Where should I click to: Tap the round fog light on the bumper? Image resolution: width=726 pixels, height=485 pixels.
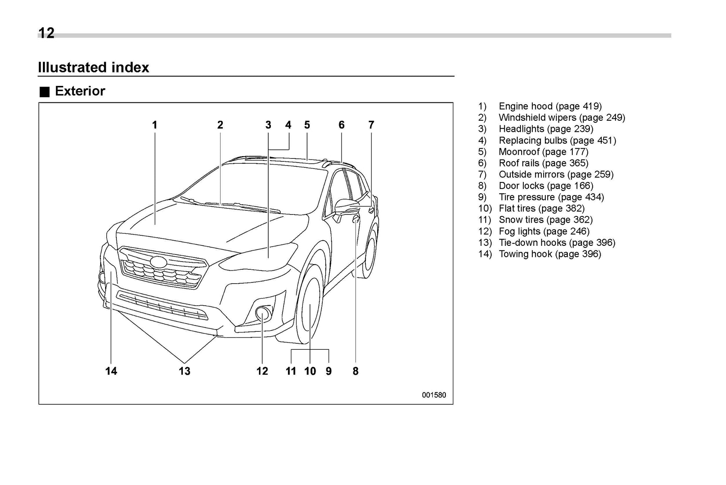coord(263,313)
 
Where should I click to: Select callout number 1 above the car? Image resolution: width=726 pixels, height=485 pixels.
coord(154,125)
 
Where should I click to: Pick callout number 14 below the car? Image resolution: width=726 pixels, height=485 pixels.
coord(111,371)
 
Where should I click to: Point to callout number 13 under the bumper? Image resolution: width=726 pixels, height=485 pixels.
coord(184,371)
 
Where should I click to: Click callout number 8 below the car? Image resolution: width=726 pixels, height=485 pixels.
coord(355,371)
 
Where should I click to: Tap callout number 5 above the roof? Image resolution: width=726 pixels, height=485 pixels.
coord(307,125)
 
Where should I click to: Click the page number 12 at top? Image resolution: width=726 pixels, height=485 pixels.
coord(46,33)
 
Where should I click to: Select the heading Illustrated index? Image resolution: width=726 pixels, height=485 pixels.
coord(94,68)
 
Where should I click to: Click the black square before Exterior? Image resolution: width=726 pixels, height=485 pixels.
coord(45,92)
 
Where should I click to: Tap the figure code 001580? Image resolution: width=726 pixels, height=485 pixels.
coord(434,395)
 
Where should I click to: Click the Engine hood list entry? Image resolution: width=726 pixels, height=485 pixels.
coord(550,106)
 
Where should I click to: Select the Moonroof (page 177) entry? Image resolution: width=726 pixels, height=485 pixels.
coord(543,152)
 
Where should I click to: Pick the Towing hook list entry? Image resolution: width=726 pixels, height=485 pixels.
coord(550,254)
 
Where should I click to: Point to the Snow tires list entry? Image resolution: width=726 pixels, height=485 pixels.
coord(545,220)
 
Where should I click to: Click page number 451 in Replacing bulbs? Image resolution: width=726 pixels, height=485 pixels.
coord(604,140)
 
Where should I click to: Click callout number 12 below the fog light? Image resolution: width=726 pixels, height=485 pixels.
coord(262,371)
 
